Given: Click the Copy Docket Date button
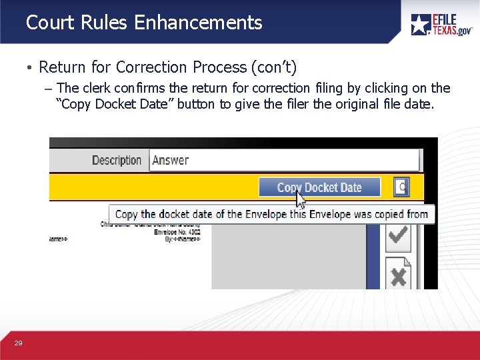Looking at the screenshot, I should (x=319, y=187).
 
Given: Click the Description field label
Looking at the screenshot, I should (x=117, y=160).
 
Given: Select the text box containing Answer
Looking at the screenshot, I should (x=285, y=160).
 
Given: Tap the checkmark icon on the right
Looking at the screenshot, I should (x=398, y=235).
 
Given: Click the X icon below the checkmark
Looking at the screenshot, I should (x=398, y=275).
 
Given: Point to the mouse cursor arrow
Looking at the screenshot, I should (x=301, y=200).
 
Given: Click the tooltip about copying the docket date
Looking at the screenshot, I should (x=271, y=214).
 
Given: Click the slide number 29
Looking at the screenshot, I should (x=18, y=343).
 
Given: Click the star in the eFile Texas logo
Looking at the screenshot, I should (x=421, y=25).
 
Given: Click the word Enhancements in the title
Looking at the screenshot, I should (x=198, y=23).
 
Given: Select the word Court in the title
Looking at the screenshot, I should (x=49, y=23).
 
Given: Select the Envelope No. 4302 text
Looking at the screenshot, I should (x=174, y=231).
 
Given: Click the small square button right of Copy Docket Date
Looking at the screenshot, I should (x=401, y=187).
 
